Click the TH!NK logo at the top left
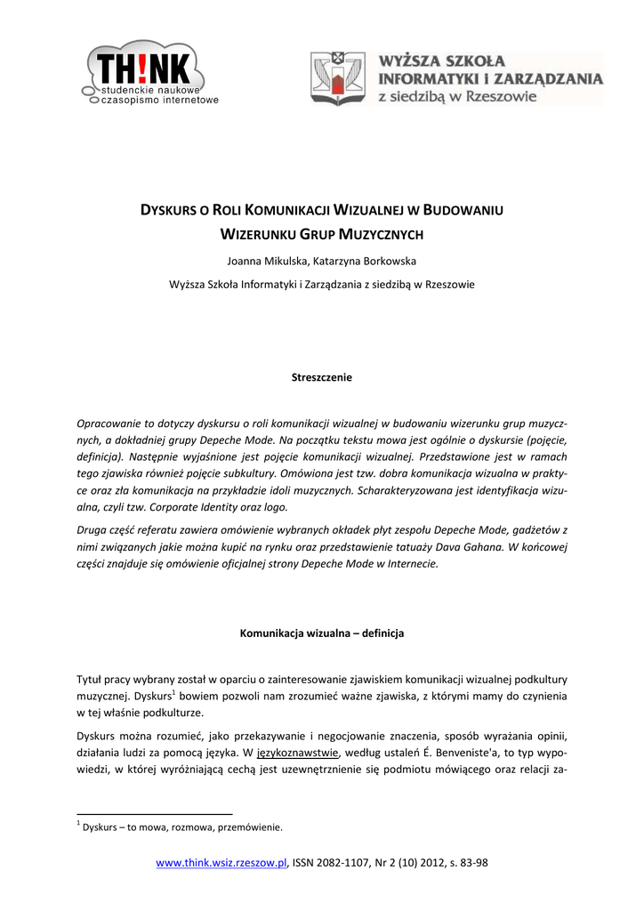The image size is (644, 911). point(147,73)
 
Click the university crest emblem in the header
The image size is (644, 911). point(337,78)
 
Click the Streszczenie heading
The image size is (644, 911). point(322,377)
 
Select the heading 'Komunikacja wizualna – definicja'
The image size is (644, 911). point(322,634)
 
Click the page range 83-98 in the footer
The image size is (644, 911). point(472,863)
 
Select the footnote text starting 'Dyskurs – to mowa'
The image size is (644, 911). point(181,827)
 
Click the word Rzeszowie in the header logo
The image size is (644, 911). point(503,96)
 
